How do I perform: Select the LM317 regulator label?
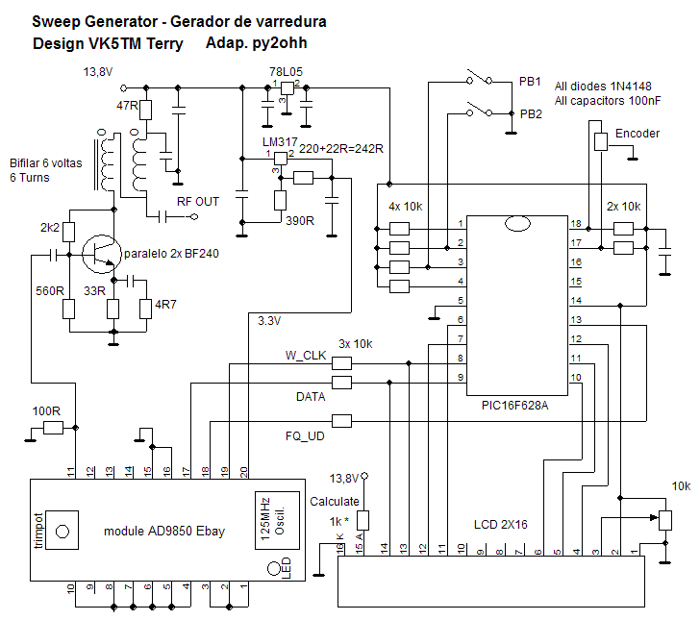pos(279,143)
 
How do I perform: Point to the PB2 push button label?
pos(531,113)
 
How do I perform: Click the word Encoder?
pos(637,134)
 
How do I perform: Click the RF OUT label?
pos(198,201)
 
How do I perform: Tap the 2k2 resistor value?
pos(49,228)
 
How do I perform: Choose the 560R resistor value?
pos(50,290)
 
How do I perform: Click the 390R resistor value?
pos(300,220)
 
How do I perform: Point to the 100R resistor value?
pos(46,411)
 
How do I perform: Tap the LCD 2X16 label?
pos(500,525)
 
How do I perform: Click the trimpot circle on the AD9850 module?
pos(64,531)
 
